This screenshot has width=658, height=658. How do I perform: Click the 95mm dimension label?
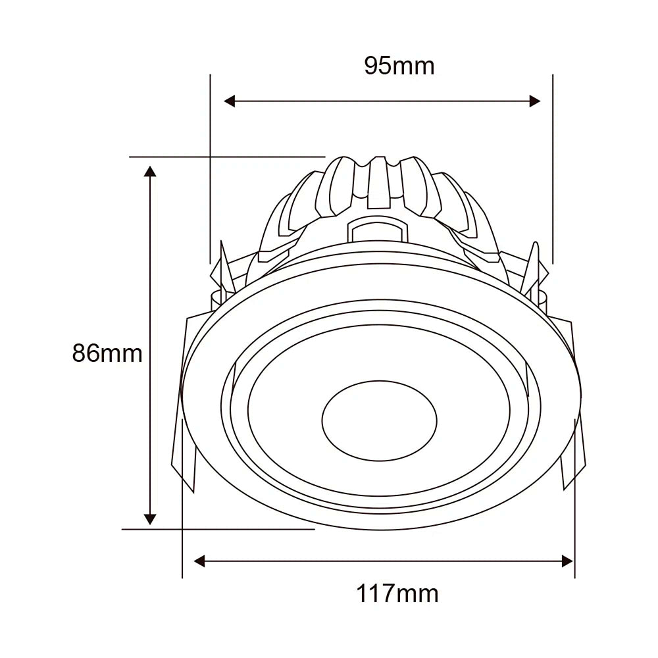(399, 66)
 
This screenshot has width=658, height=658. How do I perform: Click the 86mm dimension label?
(107, 353)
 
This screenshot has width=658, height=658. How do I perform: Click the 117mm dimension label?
(397, 594)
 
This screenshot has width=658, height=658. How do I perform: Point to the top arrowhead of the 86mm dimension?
(151, 172)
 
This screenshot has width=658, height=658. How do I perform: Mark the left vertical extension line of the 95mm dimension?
(210, 164)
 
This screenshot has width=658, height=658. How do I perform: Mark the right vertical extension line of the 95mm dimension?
(553, 164)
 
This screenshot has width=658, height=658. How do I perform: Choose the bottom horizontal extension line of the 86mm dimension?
(217, 528)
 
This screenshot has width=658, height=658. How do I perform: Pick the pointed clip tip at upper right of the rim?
(535, 253)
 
